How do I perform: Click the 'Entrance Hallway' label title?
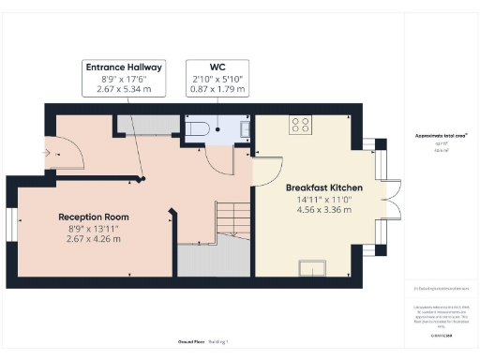[x=125, y=67]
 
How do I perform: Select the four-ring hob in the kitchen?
[x=301, y=124]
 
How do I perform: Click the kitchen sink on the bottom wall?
[x=310, y=268]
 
